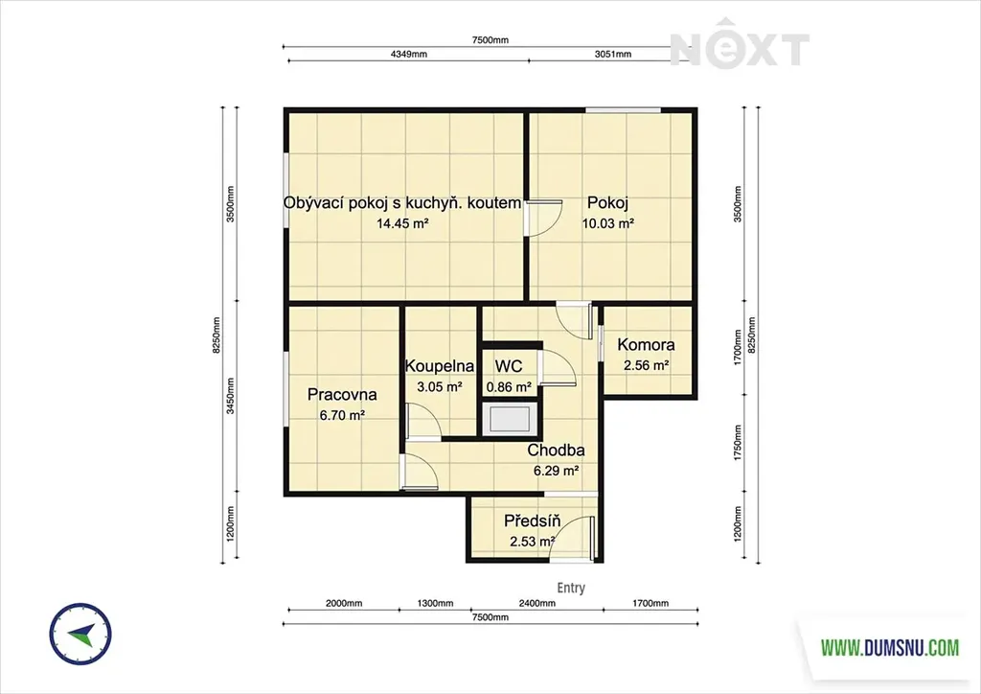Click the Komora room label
pyautogui.click(x=646, y=345)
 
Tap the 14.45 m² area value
pyautogui.click(x=402, y=223)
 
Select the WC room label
pyautogui.click(x=508, y=366)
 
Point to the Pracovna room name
pyautogui.click(x=342, y=395)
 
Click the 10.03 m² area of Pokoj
pyautogui.click(x=608, y=223)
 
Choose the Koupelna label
pyautogui.click(x=439, y=366)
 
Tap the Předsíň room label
pyautogui.click(x=532, y=520)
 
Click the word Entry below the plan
pyautogui.click(x=571, y=588)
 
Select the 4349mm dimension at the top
pyautogui.click(x=408, y=54)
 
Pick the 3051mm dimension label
pyautogui.click(x=612, y=54)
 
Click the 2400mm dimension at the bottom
pyautogui.click(x=536, y=603)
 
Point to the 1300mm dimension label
pyautogui.click(x=436, y=603)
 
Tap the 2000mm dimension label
pyautogui.click(x=344, y=603)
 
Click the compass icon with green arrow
pyautogui.click(x=80, y=634)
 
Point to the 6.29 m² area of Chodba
pyautogui.click(x=556, y=471)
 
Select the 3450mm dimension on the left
pyautogui.click(x=230, y=396)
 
